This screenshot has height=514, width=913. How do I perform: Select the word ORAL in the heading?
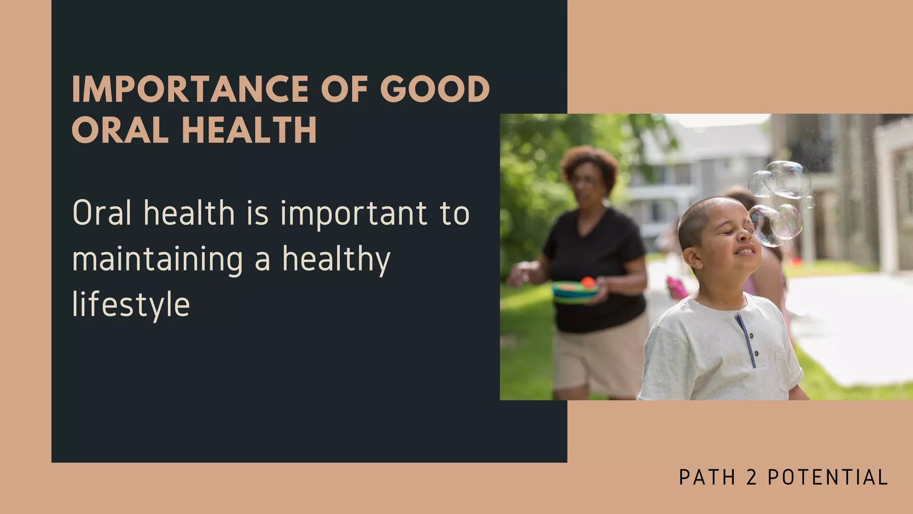coord(119,130)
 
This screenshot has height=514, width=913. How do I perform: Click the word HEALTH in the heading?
coord(249,130)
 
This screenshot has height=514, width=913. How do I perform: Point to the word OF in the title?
coord(344,89)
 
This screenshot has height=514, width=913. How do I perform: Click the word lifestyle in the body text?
coord(131,305)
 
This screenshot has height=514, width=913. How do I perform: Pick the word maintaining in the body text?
coord(157,260)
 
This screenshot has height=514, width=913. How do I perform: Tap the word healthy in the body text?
coord(336,260)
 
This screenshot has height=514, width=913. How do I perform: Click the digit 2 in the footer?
coord(751,477)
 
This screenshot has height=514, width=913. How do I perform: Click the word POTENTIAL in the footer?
coord(828,477)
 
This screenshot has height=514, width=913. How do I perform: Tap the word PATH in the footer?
coord(707,477)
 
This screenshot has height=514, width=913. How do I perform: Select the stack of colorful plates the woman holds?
coord(575,292)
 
